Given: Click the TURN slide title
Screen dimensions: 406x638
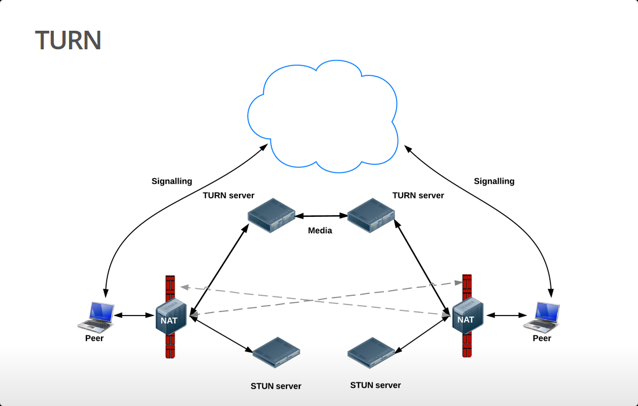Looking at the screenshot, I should [68, 40].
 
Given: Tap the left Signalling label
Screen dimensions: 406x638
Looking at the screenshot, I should [172, 181].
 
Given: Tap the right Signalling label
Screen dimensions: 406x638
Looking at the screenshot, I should [494, 181].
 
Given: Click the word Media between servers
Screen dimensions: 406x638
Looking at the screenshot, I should [320, 230].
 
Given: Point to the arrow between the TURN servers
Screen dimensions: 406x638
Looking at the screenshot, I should [321, 216].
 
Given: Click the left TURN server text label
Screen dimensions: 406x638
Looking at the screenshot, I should [229, 195].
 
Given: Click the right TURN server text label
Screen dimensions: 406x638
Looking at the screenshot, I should [418, 195].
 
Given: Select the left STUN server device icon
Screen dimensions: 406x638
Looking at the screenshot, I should [276, 352].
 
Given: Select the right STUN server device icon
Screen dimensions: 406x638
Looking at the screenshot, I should [371, 352].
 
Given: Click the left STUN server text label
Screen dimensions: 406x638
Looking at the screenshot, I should [276, 386].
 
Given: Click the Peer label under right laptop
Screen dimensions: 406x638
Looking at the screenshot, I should [542, 338].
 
